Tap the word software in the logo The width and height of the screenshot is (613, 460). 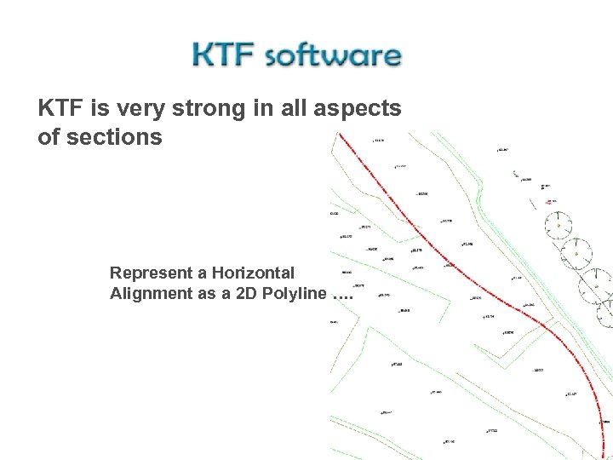(x=333, y=56)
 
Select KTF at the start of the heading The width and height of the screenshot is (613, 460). (x=62, y=108)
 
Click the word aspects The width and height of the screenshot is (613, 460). (x=362, y=109)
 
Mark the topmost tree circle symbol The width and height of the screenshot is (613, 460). (x=558, y=223)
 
